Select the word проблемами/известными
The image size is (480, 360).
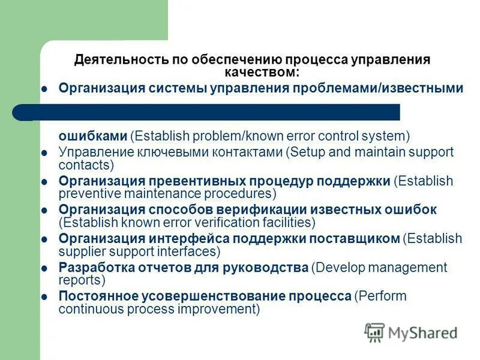coord(377,88)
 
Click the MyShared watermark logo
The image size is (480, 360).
coord(412,332)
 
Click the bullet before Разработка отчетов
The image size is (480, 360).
coord(44,268)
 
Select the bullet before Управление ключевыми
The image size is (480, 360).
coord(44,152)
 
